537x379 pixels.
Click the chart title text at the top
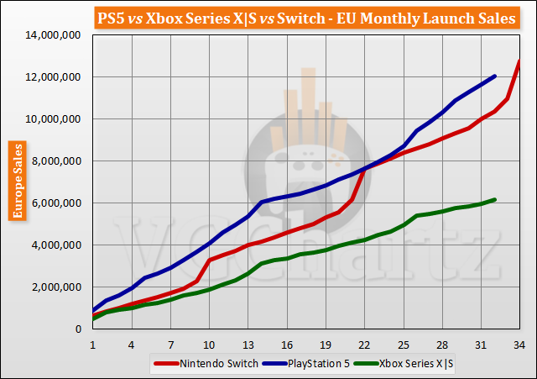268,18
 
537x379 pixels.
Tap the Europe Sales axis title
16,181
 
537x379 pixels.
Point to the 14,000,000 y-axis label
53,34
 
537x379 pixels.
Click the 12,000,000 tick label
53,76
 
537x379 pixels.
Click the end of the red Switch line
519,61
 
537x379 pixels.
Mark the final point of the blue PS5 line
494,76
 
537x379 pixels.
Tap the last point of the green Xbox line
494,199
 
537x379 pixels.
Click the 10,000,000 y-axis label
53,118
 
